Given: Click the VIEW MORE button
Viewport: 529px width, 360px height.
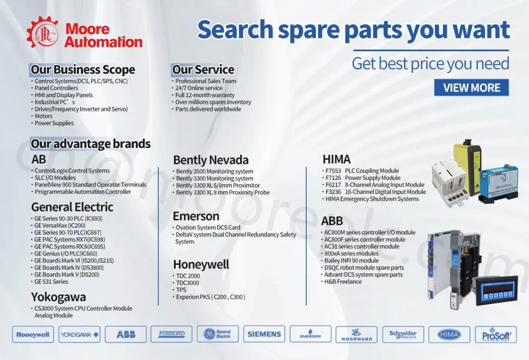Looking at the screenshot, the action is [x=471, y=88].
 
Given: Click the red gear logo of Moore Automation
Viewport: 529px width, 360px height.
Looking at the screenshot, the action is [x=42, y=33].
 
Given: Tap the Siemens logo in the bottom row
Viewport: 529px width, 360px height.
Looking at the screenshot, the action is [x=264, y=334].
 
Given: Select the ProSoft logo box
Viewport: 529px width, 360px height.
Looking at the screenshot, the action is [x=496, y=335].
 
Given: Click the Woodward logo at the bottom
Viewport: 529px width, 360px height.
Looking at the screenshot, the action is [x=357, y=335].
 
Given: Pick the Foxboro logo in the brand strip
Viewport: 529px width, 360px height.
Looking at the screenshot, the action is [x=171, y=334].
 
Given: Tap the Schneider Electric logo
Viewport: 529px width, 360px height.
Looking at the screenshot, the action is [x=403, y=335].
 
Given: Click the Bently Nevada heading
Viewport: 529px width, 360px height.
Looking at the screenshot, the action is [x=211, y=160].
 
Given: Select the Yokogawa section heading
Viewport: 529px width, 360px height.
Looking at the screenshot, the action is [x=58, y=297].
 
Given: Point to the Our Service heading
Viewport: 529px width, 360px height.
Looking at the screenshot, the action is [x=203, y=69].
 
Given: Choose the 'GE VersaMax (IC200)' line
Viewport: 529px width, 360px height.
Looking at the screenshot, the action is [x=60, y=226].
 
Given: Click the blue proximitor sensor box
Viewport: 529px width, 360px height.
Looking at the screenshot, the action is [x=497, y=184].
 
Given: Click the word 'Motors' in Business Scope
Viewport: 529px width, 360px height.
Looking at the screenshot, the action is [x=43, y=116].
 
